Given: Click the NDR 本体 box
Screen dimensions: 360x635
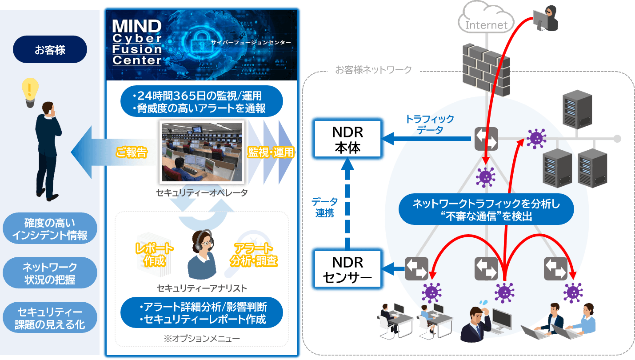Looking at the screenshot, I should coord(348,140).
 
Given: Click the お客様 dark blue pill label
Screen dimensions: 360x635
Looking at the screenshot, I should coord(50,49).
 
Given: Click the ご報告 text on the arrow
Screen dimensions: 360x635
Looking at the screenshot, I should coord(131,152).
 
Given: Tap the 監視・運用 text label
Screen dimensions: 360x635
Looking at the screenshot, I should coord(271,152).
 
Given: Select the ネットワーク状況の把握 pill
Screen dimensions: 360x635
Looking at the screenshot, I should coord(50,273).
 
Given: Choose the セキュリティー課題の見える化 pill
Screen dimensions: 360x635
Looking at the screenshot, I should coord(50,317).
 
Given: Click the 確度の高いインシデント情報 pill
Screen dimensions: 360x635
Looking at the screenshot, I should coord(50,229).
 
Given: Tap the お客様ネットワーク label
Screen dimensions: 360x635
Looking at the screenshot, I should coord(373,70).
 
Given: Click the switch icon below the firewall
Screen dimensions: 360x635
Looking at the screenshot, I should coord(486,139).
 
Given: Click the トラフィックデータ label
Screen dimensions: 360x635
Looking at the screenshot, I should coord(429,124).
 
